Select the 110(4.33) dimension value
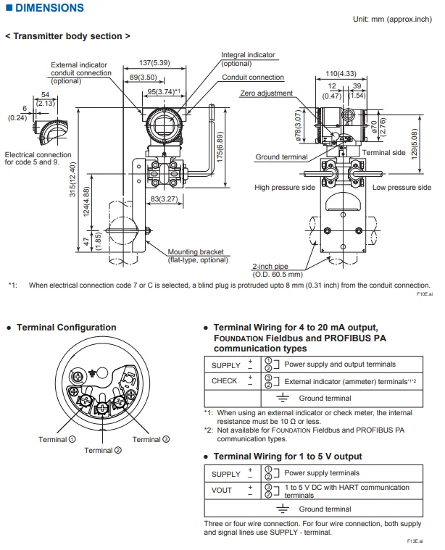point(340,73)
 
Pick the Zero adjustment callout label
point(266,93)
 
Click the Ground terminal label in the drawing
point(281,157)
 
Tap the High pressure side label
point(285,187)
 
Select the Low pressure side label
point(402,187)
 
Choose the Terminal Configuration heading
point(66,328)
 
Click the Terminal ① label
point(53,439)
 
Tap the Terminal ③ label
point(151,439)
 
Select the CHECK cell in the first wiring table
point(224,380)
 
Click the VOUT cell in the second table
point(222,491)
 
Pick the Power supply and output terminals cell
point(340,364)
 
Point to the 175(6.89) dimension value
point(220,146)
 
